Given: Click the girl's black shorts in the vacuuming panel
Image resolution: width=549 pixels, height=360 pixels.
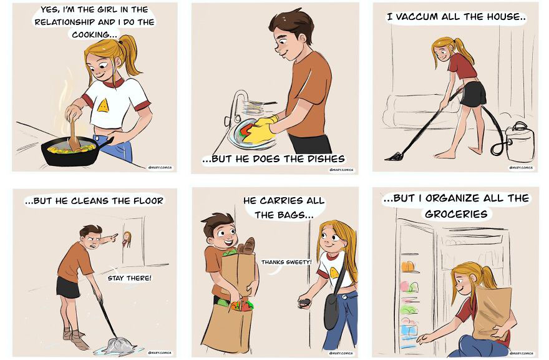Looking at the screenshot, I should coord(474,94).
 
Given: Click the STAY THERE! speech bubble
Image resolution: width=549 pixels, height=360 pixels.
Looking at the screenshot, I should coord(129,278).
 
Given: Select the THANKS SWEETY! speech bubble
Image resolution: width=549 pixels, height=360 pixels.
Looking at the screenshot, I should coord(286,262).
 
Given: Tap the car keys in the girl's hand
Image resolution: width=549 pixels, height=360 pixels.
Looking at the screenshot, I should coord(305,304).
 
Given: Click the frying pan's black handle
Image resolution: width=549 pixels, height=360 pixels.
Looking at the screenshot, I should coord(106,144).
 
